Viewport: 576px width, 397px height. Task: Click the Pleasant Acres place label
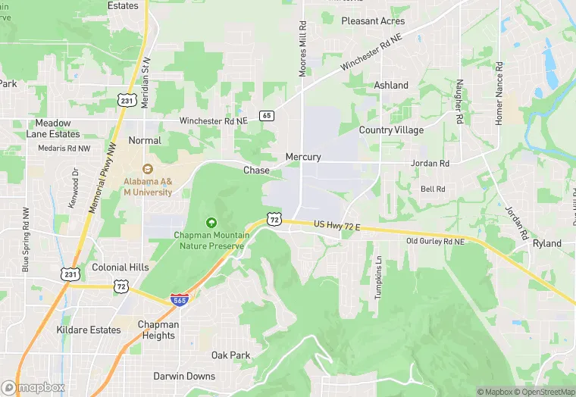[x=373, y=21]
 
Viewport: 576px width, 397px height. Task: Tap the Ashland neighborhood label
[x=391, y=86]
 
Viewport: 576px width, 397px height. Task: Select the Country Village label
[x=391, y=130]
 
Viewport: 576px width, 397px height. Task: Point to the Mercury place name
[x=303, y=157]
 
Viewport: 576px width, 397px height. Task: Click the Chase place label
[x=256, y=170]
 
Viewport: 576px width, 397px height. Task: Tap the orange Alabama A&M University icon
[x=148, y=169]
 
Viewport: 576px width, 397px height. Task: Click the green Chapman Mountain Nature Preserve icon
[x=211, y=222]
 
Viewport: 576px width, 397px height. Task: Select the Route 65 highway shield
[x=265, y=116]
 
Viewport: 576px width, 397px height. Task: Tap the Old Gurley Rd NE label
[x=435, y=242]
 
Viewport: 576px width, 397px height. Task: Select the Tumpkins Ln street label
[x=378, y=277]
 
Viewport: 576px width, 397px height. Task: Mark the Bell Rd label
[x=432, y=189]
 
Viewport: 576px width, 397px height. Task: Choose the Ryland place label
[x=547, y=243]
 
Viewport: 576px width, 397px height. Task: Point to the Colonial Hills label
[x=121, y=267]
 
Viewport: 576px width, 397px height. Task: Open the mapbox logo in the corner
[x=33, y=387]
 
